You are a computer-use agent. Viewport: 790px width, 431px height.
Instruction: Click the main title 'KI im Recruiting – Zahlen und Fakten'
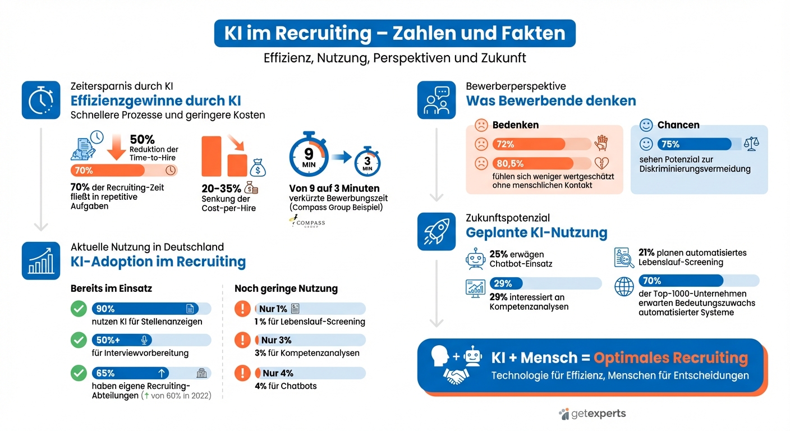click(394, 33)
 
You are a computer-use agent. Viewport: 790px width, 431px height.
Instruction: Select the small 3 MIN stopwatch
click(367, 162)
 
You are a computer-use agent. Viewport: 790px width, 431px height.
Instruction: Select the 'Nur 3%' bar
click(310, 340)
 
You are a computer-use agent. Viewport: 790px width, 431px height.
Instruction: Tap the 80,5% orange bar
click(533, 164)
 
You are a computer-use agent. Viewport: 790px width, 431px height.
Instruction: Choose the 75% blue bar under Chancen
click(694, 144)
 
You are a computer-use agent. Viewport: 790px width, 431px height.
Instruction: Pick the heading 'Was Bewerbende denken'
click(550, 101)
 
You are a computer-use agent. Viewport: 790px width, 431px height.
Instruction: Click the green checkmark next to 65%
click(79, 373)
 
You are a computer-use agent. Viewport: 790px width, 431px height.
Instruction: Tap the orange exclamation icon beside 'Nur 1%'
click(242, 309)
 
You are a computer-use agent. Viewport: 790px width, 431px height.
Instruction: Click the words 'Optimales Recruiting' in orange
click(670, 358)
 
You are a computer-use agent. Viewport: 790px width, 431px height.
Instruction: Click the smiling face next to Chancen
click(646, 125)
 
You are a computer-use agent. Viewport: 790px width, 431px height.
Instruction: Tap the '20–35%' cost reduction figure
click(221, 189)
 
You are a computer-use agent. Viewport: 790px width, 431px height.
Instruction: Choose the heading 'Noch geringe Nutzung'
click(286, 288)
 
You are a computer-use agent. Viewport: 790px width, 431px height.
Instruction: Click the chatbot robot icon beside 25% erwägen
click(475, 259)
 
